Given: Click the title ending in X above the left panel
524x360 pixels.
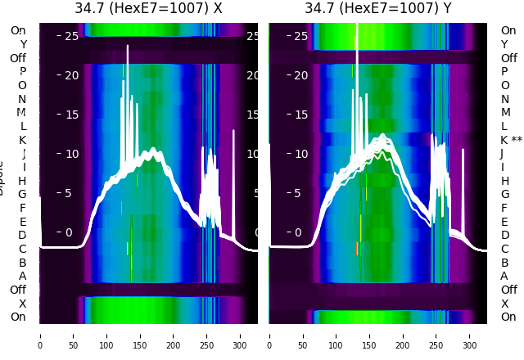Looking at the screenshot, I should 148,9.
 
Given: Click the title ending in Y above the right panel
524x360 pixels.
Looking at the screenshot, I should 378,9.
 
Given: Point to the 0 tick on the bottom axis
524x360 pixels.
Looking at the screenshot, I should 40,335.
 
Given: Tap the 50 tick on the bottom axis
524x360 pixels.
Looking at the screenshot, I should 74,335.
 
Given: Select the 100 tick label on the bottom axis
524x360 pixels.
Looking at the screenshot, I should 107,335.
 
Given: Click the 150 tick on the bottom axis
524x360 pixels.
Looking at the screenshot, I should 140,335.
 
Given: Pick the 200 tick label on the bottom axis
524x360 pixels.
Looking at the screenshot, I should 174,335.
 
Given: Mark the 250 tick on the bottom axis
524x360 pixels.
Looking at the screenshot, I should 207,335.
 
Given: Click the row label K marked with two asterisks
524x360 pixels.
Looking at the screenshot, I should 511,140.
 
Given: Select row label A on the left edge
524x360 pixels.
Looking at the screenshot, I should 22,276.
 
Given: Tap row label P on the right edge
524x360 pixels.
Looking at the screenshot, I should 505,72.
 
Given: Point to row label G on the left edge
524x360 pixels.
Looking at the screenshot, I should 22,194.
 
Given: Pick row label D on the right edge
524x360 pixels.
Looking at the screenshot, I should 505,235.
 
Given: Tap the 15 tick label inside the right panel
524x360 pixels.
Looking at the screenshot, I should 300,115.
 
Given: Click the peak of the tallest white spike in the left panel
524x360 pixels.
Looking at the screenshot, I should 128,46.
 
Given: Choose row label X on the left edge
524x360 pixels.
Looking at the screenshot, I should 22,304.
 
